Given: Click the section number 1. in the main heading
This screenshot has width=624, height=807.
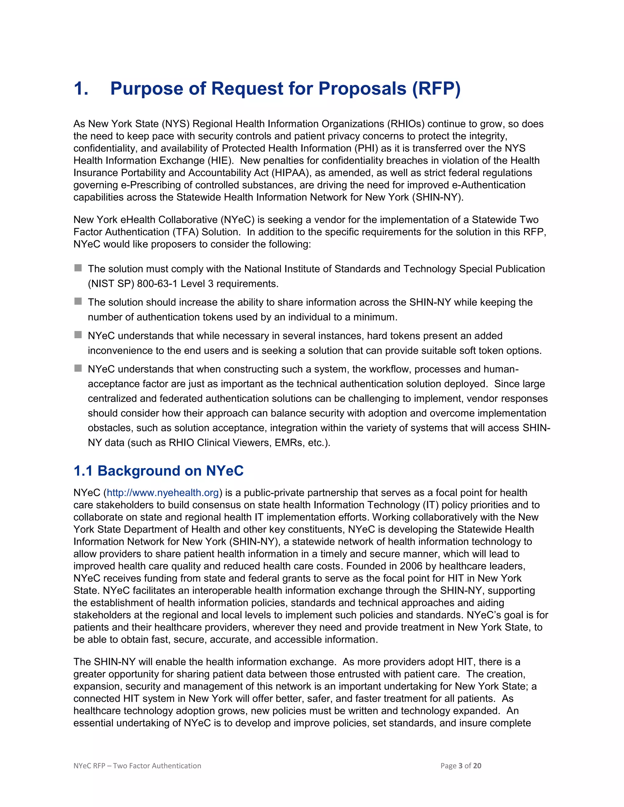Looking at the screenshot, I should (x=81, y=89).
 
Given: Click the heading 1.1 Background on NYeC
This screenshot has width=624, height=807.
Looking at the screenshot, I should (x=158, y=471).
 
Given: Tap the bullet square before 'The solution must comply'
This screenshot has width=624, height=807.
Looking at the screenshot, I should (x=78, y=268).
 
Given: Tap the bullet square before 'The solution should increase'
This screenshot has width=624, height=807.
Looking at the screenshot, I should (x=78, y=301).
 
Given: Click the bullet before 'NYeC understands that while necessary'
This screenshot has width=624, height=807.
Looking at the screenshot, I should (x=78, y=335).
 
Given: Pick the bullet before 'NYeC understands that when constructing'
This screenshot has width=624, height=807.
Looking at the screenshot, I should (x=78, y=368).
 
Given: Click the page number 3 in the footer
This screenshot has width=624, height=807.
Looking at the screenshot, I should (x=460, y=766).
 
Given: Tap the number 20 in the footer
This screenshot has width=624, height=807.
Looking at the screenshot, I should (x=477, y=766).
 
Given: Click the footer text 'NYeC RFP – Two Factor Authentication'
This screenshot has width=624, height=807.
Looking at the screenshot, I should (x=137, y=766).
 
